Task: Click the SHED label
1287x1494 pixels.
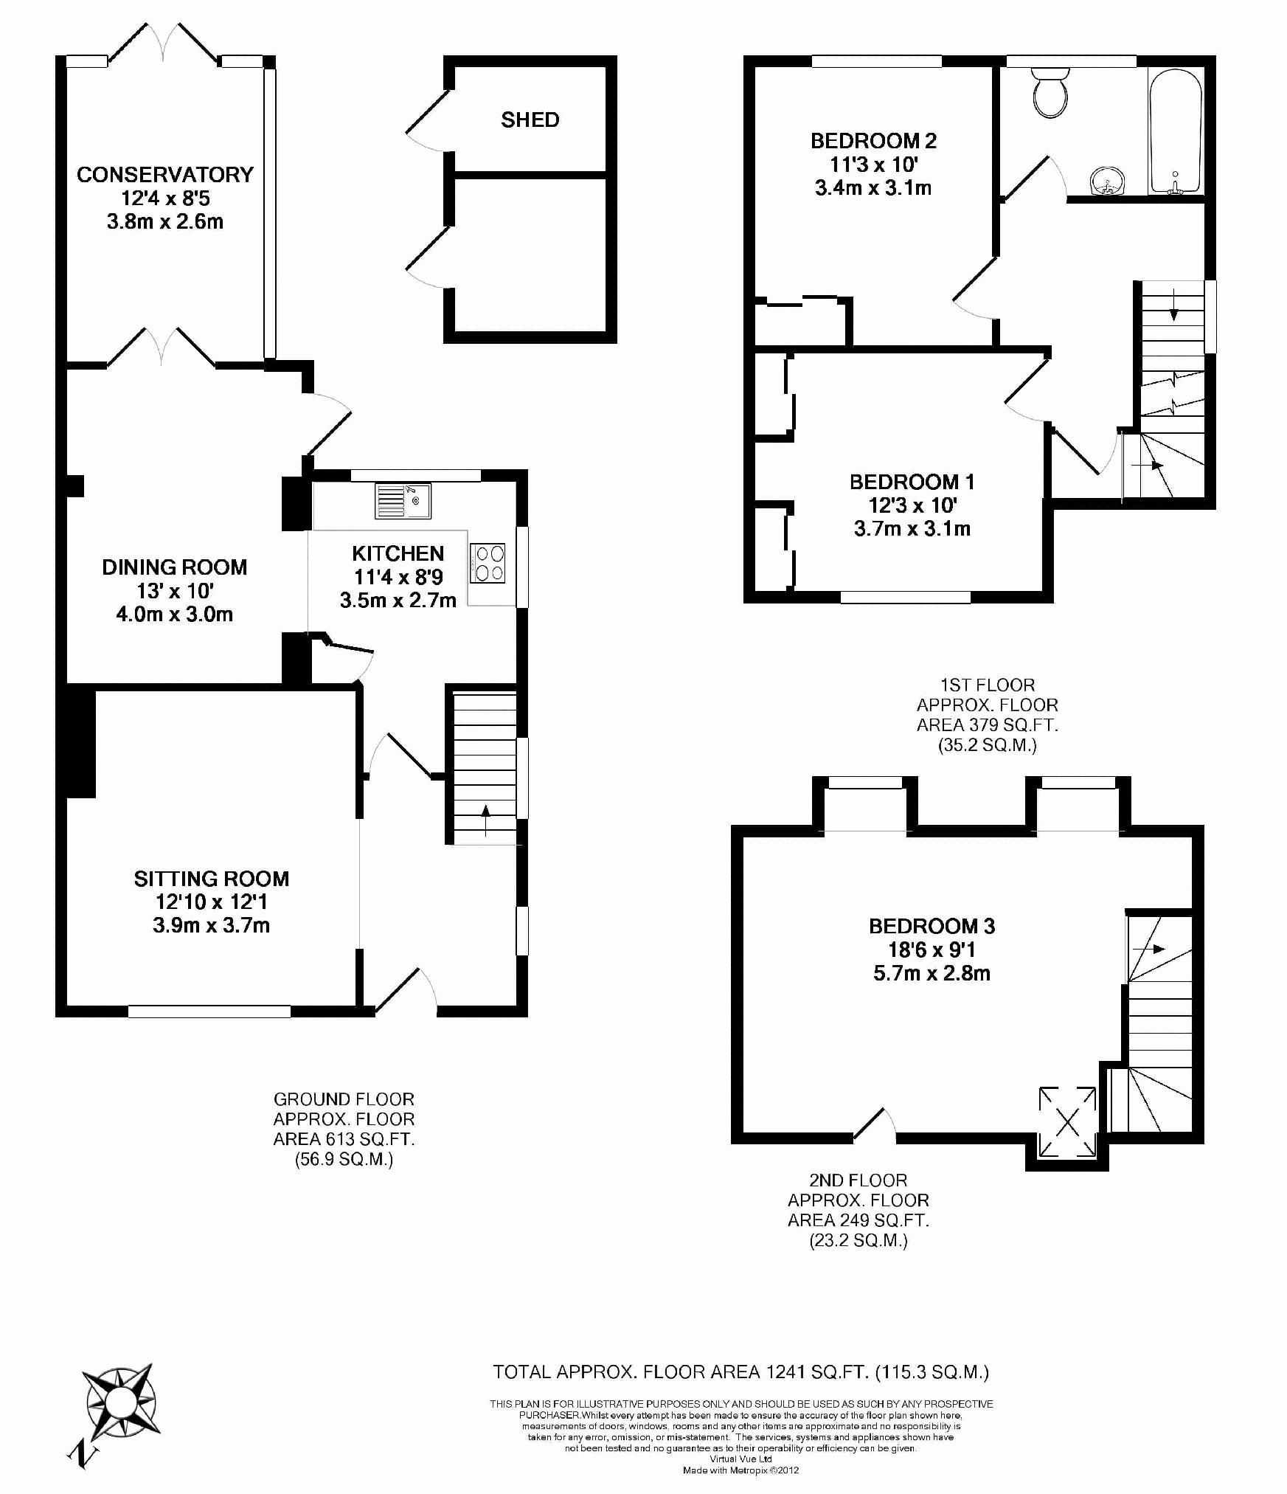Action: pyautogui.click(x=530, y=120)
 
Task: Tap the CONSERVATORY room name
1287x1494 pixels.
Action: pyautogui.click(x=165, y=175)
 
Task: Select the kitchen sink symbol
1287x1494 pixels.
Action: pyautogui.click(x=403, y=501)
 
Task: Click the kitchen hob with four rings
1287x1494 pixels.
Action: pyautogui.click(x=487, y=563)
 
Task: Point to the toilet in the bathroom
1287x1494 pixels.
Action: pyautogui.click(x=1050, y=92)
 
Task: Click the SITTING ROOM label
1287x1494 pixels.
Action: pyautogui.click(x=212, y=879)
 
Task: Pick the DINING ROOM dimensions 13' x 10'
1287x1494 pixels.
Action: pyautogui.click(x=176, y=591)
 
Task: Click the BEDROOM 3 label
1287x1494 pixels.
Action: pyautogui.click(x=932, y=926)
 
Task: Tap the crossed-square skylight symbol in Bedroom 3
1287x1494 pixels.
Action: pyautogui.click(x=1067, y=1122)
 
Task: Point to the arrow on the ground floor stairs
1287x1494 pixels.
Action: pyautogui.click(x=485, y=820)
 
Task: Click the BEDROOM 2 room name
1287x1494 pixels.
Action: pyautogui.click(x=873, y=140)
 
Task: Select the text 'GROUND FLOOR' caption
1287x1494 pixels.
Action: pyautogui.click(x=344, y=1099)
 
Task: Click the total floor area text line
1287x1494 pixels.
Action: pyautogui.click(x=740, y=1372)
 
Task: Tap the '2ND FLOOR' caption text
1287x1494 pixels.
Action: pyautogui.click(x=858, y=1180)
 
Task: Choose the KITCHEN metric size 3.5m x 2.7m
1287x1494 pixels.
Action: pyautogui.click(x=398, y=600)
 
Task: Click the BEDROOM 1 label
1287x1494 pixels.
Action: pyautogui.click(x=912, y=482)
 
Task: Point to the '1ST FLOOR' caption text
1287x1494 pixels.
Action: pyautogui.click(x=988, y=685)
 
